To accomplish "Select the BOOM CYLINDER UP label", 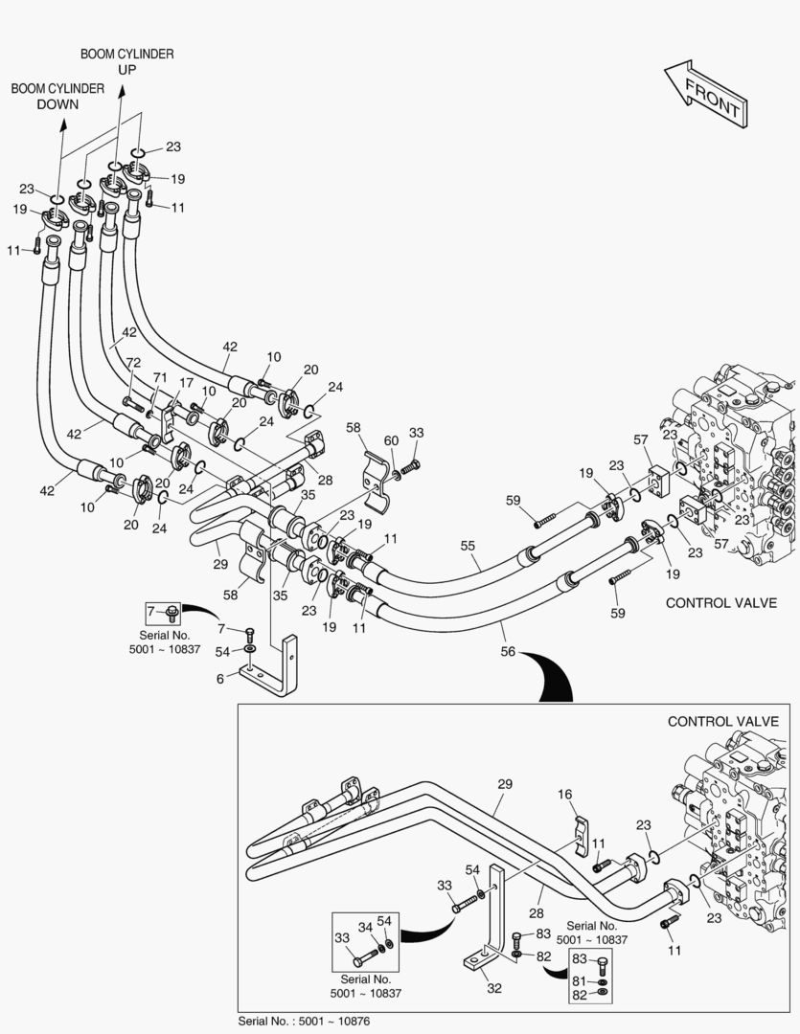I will (126, 62).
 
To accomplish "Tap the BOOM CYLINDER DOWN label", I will (57, 96).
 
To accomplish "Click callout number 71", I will (160, 378).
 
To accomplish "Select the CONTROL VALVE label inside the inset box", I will (722, 721).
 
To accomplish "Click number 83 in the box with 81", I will (578, 959).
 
